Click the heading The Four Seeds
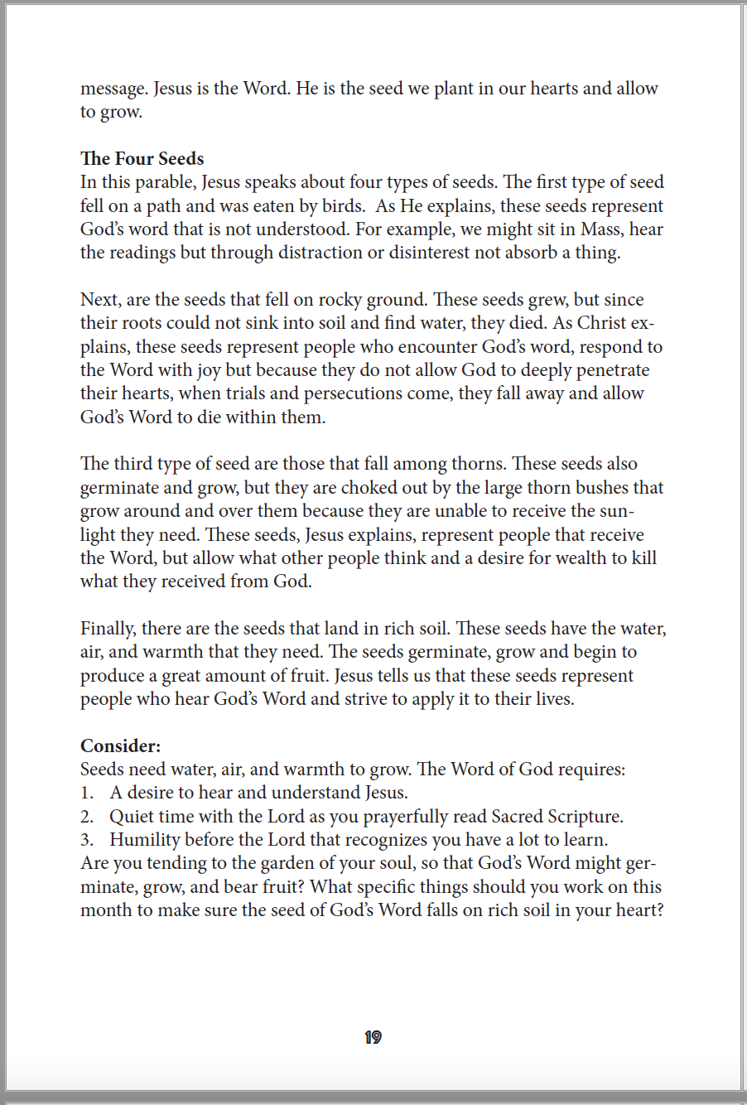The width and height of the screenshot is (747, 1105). click(142, 158)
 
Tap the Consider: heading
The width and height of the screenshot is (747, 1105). click(120, 746)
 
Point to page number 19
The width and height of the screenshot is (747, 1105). click(373, 1037)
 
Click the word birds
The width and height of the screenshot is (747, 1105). click(341, 205)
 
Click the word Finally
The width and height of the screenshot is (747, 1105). click(108, 629)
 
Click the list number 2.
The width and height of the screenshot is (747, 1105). click(86, 817)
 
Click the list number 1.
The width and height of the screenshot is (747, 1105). click(86, 793)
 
